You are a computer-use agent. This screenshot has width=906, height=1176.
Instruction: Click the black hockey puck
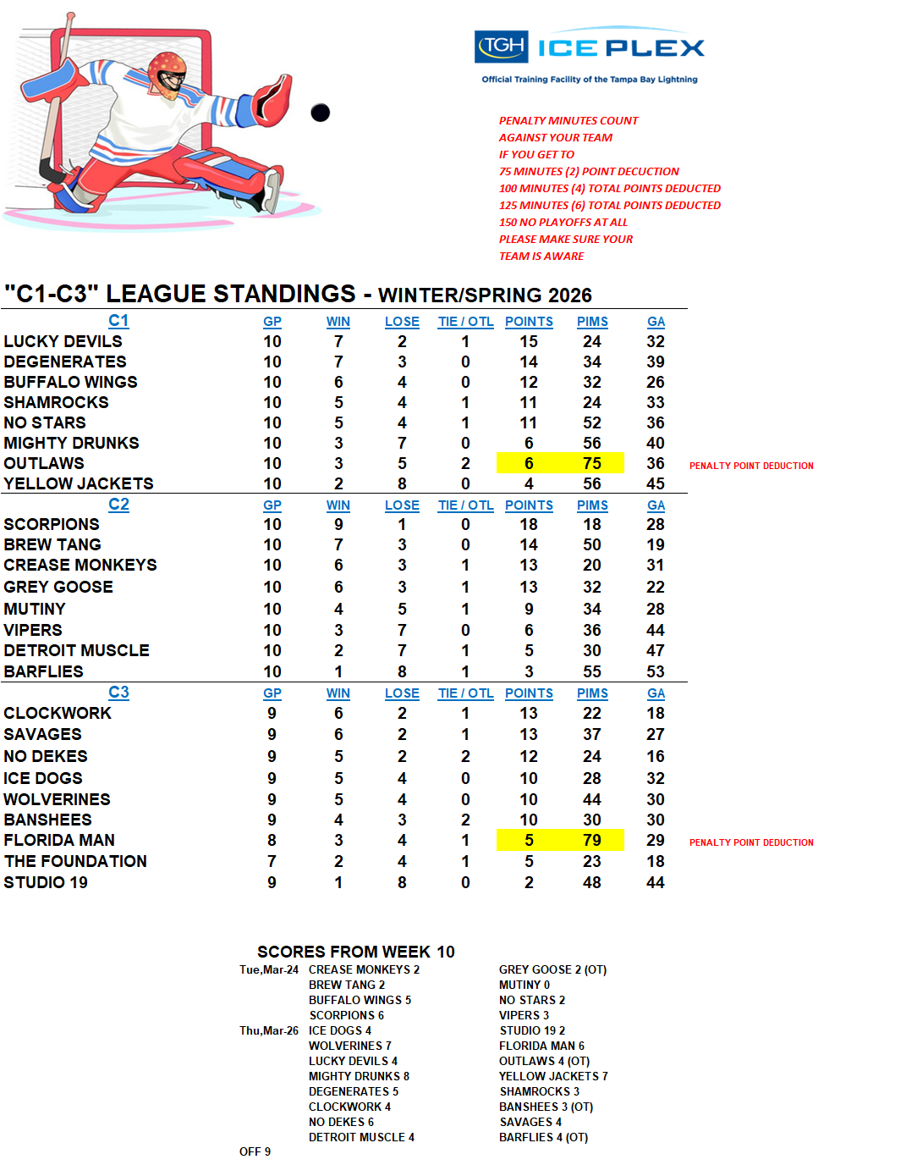(320, 112)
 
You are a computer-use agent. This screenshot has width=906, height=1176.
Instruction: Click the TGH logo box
(502, 47)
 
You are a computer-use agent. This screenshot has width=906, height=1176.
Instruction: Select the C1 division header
(118, 321)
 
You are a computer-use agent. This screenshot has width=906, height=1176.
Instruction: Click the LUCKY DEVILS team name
(63, 341)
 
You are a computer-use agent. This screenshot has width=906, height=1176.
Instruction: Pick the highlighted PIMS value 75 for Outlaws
(591, 463)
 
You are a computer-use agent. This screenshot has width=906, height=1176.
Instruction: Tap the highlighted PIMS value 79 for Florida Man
(591, 840)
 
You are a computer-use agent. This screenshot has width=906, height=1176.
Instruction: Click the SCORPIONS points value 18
(529, 524)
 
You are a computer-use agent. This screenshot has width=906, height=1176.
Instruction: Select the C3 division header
(118, 693)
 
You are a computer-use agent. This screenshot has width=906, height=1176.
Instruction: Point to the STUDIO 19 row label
(46, 882)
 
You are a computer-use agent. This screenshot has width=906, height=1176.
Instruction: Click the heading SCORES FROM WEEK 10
(355, 952)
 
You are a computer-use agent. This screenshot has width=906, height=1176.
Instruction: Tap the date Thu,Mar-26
(269, 1030)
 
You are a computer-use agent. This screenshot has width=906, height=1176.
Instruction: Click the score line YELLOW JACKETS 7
(553, 1076)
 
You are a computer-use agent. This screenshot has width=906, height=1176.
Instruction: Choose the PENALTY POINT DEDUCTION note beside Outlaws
(751, 466)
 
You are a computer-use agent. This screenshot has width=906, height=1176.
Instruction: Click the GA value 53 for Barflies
(656, 671)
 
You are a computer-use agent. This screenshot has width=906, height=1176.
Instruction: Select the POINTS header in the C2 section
(529, 505)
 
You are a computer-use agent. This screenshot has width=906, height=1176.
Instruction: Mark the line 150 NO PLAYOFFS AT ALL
(563, 222)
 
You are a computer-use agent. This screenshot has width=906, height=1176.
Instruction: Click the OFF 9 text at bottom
(255, 1151)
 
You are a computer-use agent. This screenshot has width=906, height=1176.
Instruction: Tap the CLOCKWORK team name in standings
(58, 713)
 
